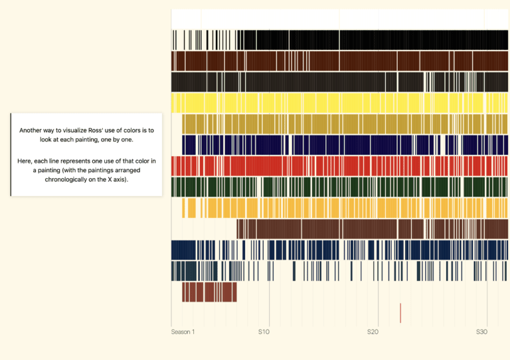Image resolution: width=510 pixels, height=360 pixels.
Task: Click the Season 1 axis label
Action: [x=183, y=331]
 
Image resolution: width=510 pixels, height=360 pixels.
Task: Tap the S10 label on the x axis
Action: [x=264, y=331]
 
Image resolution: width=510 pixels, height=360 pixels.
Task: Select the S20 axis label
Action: [x=373, y=331]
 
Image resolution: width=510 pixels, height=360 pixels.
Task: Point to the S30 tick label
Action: [x=482, y=331]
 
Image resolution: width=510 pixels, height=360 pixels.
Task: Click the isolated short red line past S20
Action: [x=400, y=313]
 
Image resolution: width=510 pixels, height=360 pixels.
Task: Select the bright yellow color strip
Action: [x=339, y=102]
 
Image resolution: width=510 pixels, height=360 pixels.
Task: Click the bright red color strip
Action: [x=339, y=165]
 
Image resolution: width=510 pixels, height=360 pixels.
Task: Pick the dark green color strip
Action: [x=339, y=187]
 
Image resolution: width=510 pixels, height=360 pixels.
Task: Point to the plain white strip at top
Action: [x=339, y=19]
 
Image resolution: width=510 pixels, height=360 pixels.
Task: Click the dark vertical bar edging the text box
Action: [x=11, y=154]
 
